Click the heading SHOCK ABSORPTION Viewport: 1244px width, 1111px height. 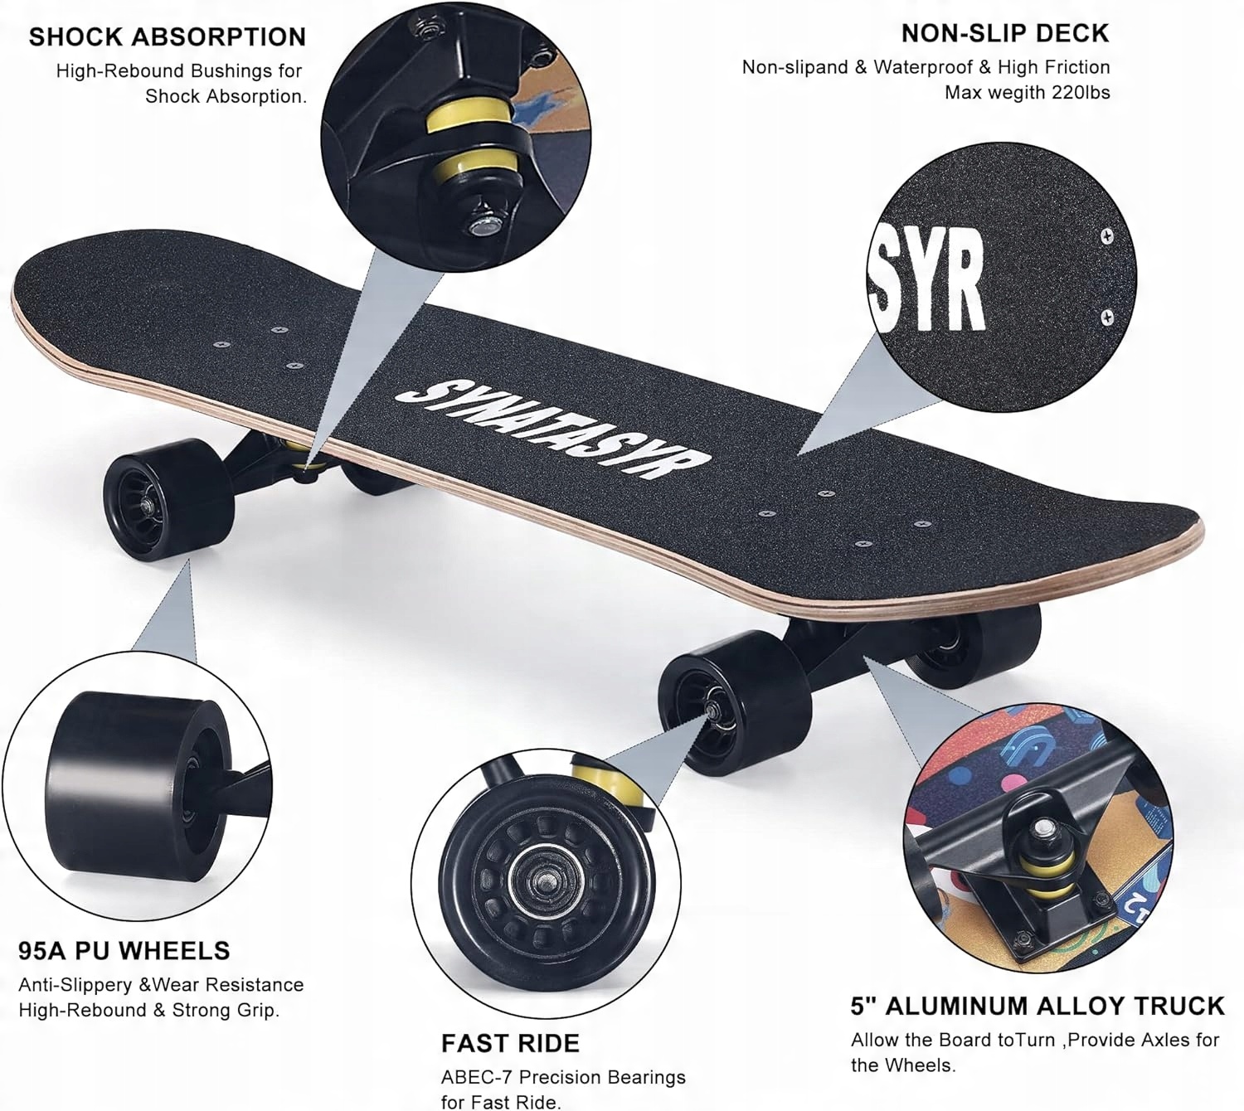coord(167,36)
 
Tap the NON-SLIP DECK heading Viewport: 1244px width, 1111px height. coord(1004,33)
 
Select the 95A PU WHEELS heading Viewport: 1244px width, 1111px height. coord(124,950)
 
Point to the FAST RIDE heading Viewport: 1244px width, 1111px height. coord(509,1043)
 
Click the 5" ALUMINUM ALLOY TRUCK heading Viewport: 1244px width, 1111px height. coord(1037,1006)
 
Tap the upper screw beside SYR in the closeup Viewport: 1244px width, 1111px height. coord(1106,237)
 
